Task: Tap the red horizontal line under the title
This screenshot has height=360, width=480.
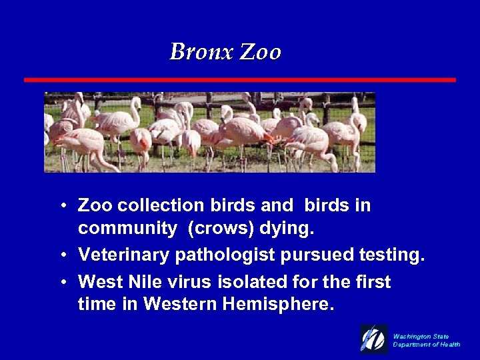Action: point(240,80)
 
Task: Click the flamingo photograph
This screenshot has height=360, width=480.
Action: point(209,132)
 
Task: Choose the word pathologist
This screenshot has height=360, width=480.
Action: point(221,255)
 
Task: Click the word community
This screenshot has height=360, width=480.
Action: point(127,229)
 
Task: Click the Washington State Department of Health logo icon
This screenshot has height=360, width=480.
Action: point(373,339)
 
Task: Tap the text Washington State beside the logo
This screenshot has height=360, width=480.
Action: point(421,337)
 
